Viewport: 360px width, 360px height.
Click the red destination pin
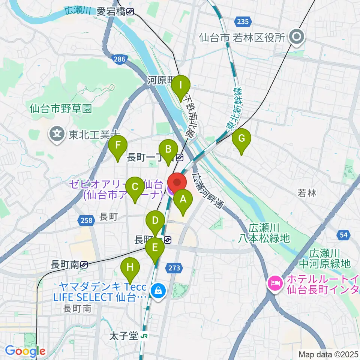click(x=177, y=183)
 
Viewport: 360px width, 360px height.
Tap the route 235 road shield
click(x=243, y=22)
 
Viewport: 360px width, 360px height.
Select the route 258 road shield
click(x=86, y=221)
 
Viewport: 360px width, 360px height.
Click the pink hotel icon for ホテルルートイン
click(x=274, y=283)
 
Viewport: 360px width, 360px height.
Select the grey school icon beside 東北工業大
click(x=57, y=133)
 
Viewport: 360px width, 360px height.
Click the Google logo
click(x=25, y=351)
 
